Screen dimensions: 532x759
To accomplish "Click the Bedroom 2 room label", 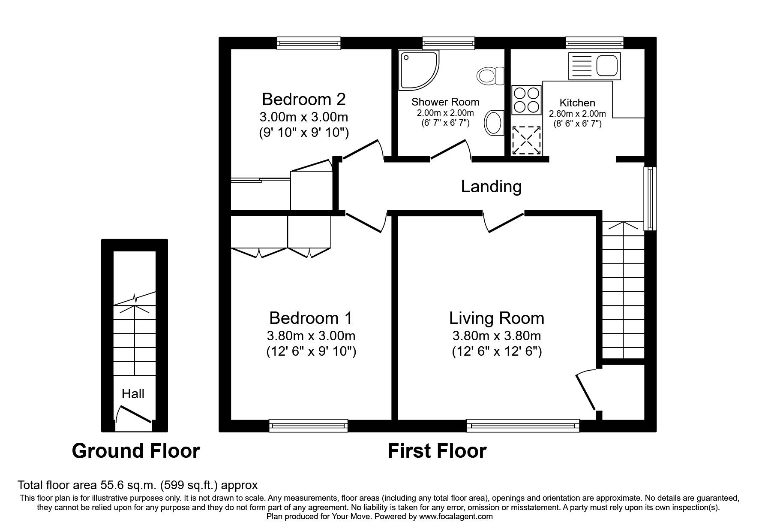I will coord(303,99).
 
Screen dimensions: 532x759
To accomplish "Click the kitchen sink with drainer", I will coord(594,66).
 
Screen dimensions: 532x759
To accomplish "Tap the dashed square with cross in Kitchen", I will coord(527,140).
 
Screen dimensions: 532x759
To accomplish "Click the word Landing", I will coord(491,187).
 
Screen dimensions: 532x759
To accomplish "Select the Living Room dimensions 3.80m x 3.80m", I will coord(496,336).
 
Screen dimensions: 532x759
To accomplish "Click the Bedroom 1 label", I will coord(311,318).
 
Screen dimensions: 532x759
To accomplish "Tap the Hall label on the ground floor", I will coord(133,393).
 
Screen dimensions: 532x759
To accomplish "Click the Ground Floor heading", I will coord(136,451).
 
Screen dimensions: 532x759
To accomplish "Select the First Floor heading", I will coord(437,451).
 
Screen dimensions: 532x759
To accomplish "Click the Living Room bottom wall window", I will coord(522,426).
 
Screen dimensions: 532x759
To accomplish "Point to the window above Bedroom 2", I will coord(309,43).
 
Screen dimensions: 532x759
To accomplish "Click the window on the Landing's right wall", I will coord(650,198).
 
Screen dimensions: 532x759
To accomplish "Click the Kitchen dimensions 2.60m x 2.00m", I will coord(577,114).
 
